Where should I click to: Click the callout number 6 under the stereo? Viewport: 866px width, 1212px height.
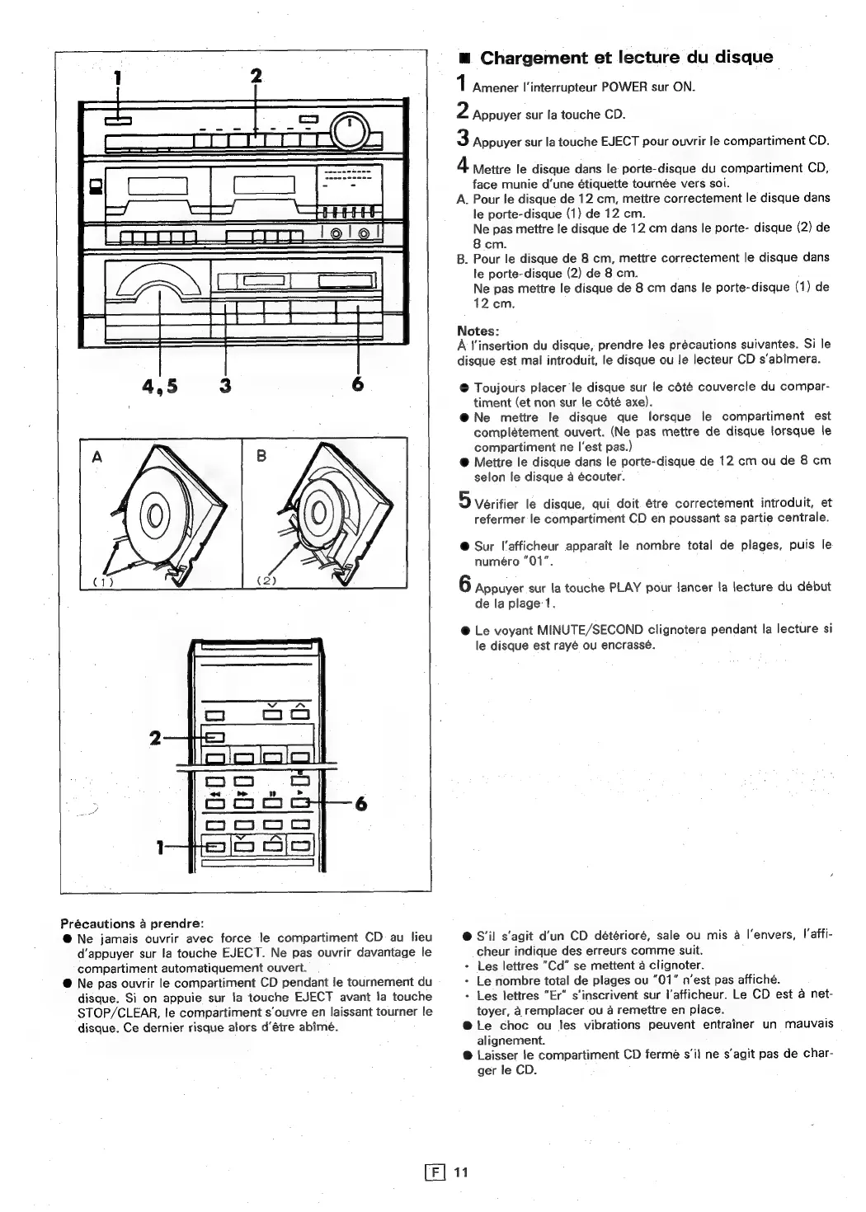pyautogui.click(x=358, y=386)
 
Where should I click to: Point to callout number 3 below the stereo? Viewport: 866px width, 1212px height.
pyautogui.click(x=224, y=386)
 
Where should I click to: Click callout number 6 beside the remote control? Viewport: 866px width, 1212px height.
pyautogui.click(x=360, y=806)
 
